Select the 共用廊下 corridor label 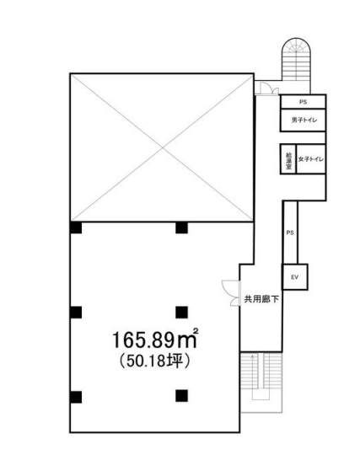click(261, 298)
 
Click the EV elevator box click(295, 276)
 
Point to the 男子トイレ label click(303, 120)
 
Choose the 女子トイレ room click(310, 159)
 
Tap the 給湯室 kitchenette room click(288, 159)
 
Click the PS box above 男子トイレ click(303, 102)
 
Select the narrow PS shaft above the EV click(289, 233)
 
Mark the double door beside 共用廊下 click(229, 291)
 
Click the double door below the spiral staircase click(266, 85)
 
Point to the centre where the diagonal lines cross click(161, 147)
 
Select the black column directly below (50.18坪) click(181, 394)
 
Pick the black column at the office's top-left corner click(76, 227)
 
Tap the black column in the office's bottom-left click(76, 397)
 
